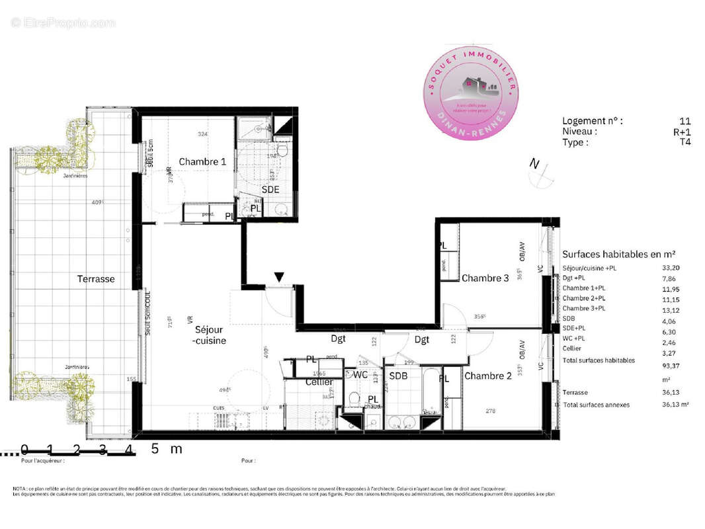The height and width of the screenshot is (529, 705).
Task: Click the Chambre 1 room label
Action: pos(202,162)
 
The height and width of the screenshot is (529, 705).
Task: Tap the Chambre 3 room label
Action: pos(485,278)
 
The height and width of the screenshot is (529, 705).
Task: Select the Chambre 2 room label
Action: pos(488,376)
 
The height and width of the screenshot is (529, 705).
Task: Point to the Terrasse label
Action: pos(96,279)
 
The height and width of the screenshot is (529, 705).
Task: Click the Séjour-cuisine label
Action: pos(209,335)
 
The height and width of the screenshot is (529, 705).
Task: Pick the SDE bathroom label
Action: pos(270,189)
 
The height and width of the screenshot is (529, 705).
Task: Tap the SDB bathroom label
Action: pos(398,376)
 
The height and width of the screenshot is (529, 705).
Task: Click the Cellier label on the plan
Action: pos(319,382)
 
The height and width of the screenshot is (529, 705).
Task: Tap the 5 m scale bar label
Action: pos(166,449)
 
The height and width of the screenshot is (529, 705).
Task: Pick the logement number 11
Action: pos(685,121)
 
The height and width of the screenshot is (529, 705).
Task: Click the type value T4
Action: pos(684,142)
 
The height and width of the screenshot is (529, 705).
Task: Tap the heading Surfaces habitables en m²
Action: pos(618,254)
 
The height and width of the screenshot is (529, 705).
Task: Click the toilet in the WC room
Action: pos(354,399)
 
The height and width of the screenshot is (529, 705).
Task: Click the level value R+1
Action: pos(683,132)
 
